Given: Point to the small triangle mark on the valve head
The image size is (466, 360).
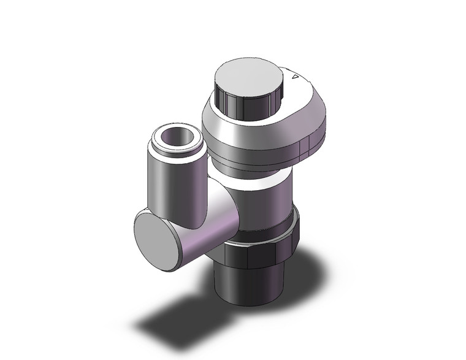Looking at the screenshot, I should click(294, 78).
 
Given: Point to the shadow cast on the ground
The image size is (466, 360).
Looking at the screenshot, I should click(178, 319).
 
